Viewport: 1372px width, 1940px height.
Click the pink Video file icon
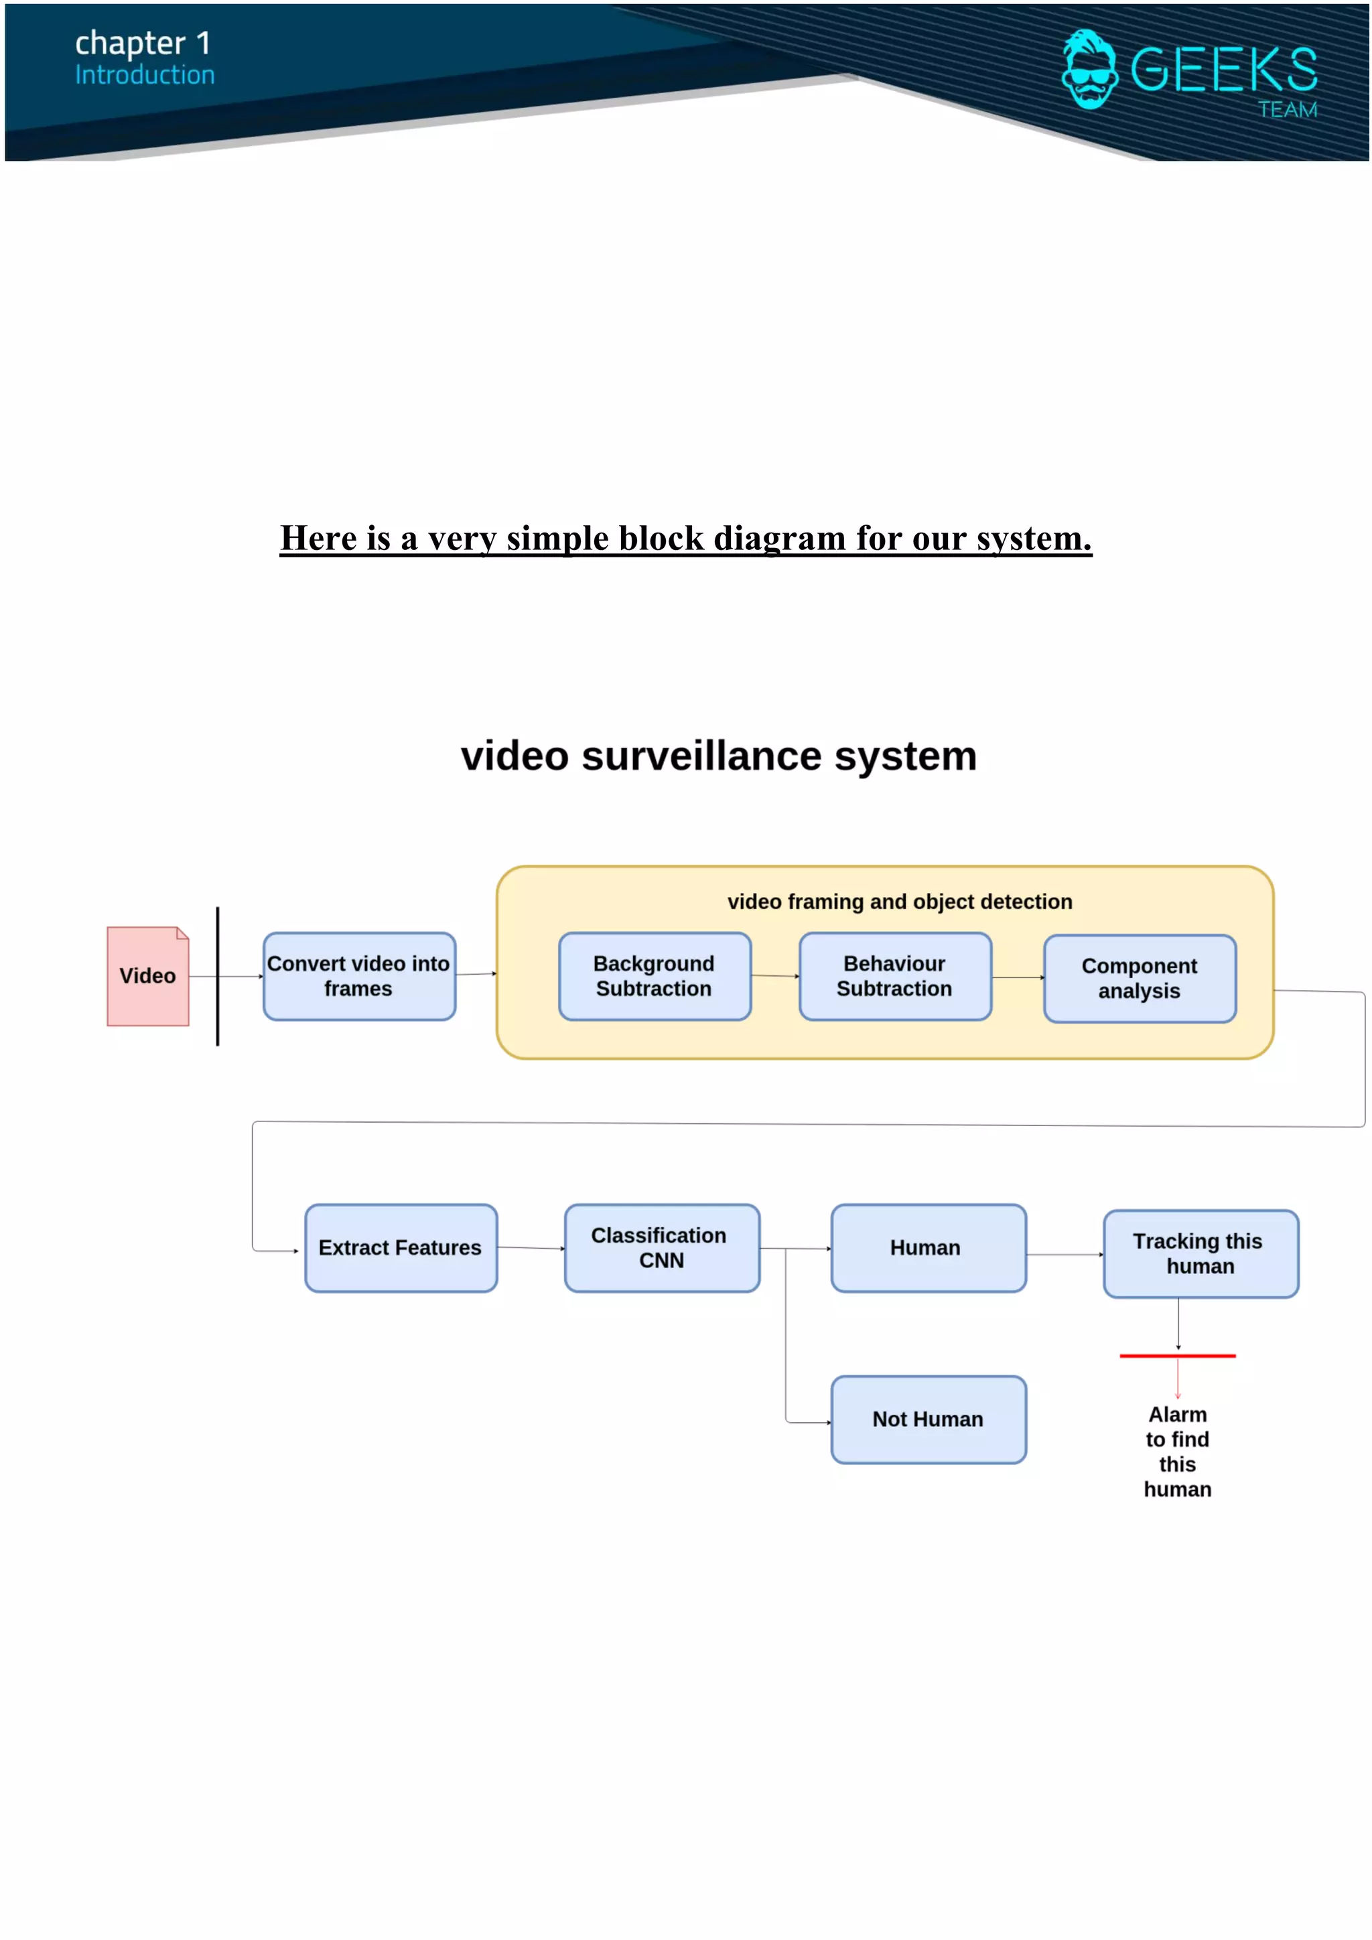[148, 976]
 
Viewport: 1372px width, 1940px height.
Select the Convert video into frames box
[359, 976]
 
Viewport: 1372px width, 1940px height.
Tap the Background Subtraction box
[654, 976]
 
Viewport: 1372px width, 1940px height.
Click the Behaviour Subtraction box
[894, 976]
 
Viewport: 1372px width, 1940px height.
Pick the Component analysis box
[1139, 979]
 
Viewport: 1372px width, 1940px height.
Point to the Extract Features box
[401, 1248]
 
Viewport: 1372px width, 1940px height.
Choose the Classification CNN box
[661, 1248]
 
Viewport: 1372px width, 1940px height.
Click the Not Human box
[928, 1419]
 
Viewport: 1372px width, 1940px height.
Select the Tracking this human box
[1200, 1254]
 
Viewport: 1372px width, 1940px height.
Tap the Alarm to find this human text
[1177, 1452]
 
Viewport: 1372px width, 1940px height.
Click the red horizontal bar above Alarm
[1177, 1355]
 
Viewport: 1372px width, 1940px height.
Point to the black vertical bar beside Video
[218, 976]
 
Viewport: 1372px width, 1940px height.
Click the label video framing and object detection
[900, 902]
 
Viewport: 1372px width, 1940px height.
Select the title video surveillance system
[718, 756]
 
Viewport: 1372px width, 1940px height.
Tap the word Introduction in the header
[145, 75]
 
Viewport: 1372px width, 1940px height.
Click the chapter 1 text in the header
[142, 42]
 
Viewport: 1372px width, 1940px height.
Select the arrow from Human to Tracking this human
[1065, 1255]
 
